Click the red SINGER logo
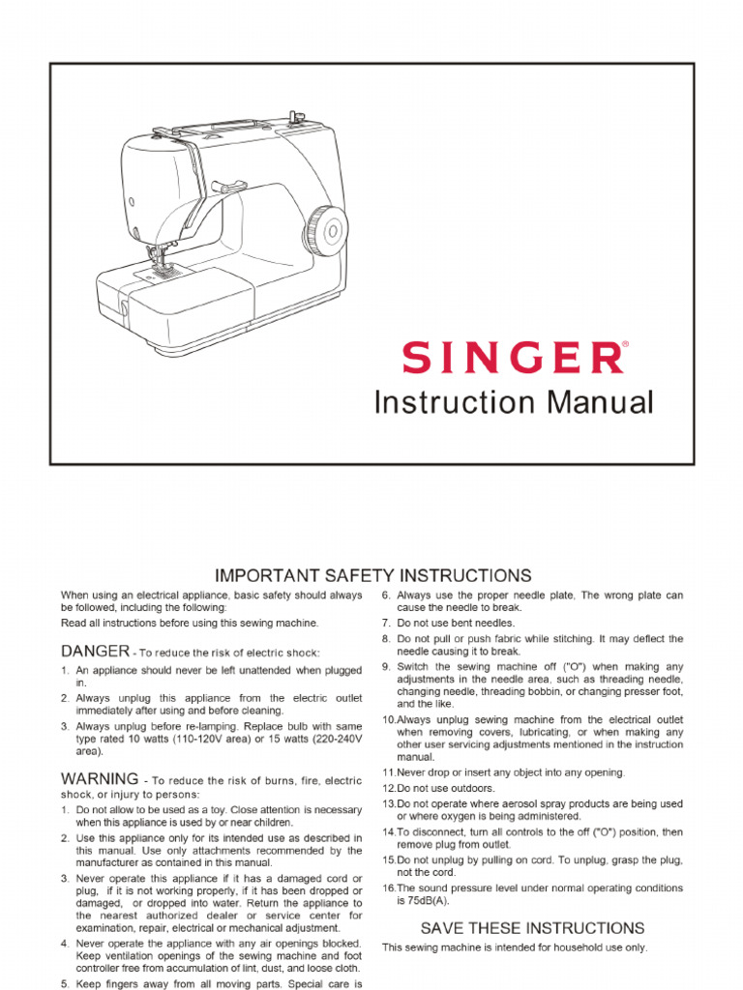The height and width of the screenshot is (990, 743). point(513,358)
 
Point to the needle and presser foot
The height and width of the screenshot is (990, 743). point(156,259)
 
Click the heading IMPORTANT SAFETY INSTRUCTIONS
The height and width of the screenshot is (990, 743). point(372,575)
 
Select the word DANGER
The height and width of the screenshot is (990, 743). point(95,651)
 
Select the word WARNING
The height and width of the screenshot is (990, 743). point(100,778)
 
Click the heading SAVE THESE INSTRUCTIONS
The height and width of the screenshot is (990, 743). point(532,928)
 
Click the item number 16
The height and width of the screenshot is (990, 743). point(388,888)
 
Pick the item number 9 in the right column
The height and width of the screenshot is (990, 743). point(385,666)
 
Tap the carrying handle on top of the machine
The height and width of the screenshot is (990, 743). point(226,126)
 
